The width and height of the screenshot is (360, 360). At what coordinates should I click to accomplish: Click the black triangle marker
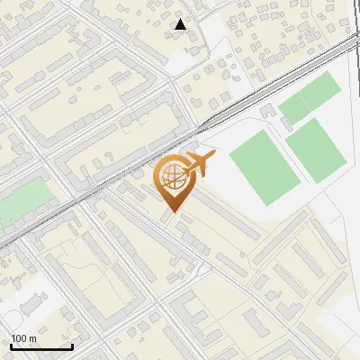pos(181,25)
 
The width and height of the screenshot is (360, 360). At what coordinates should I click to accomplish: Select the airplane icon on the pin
pos(198,164)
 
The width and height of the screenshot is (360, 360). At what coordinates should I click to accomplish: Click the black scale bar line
pos(40,347)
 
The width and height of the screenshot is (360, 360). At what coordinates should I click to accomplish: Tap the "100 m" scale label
pos(23,338)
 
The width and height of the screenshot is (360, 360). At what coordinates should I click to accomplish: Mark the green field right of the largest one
pos(317,148)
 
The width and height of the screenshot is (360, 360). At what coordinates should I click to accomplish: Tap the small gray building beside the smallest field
pos(267,111)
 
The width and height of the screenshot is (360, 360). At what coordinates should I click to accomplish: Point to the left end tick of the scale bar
pos(11,346)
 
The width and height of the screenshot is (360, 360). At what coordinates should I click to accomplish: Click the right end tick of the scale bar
pos(72,346)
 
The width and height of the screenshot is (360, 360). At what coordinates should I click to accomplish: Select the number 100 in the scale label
pos(19,338)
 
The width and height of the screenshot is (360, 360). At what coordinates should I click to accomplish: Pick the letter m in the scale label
pos(32,338)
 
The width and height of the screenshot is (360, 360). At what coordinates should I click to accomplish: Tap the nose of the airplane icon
pos(213,157)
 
